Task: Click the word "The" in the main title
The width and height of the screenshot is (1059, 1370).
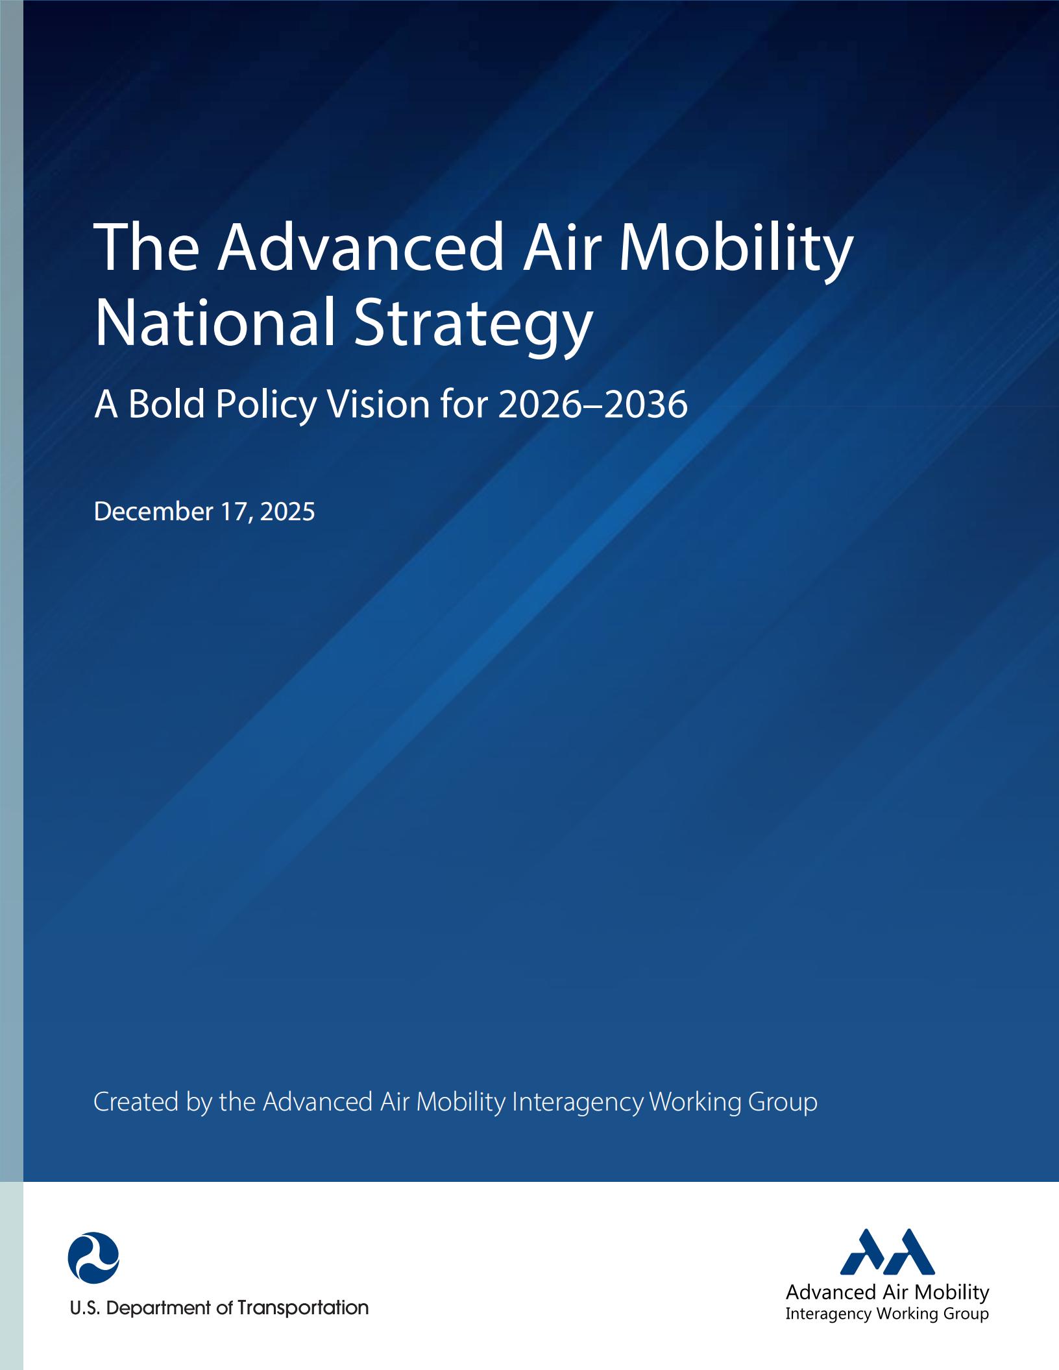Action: point(147,248)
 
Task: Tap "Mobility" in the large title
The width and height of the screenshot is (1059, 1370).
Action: point(736,249)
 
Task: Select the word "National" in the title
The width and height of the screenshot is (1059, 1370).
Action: point(215,322)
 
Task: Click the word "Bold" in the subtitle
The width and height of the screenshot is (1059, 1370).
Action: point(166,404)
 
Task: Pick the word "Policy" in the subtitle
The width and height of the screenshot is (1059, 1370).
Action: point(266,405)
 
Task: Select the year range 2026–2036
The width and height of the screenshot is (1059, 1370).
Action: point(592,404)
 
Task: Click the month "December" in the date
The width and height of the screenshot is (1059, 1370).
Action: point(153,512)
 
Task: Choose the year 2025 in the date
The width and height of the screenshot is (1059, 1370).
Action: point(287,512)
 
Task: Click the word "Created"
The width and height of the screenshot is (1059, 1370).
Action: point(136,1102)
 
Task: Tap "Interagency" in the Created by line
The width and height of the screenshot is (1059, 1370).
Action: point(578,1102)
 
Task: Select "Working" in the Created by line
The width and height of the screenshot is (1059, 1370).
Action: point(695,1102)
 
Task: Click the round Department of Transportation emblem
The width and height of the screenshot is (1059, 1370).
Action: point(93,1258)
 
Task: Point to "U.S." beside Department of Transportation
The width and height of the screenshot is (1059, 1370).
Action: point(85,1308)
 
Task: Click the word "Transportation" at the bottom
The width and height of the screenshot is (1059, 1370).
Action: point(303,1308)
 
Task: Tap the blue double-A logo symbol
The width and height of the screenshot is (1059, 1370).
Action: point(887,1253)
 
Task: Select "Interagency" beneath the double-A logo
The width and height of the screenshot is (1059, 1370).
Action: point(829,1314)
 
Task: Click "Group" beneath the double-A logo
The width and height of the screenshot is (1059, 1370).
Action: point(966,1314)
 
